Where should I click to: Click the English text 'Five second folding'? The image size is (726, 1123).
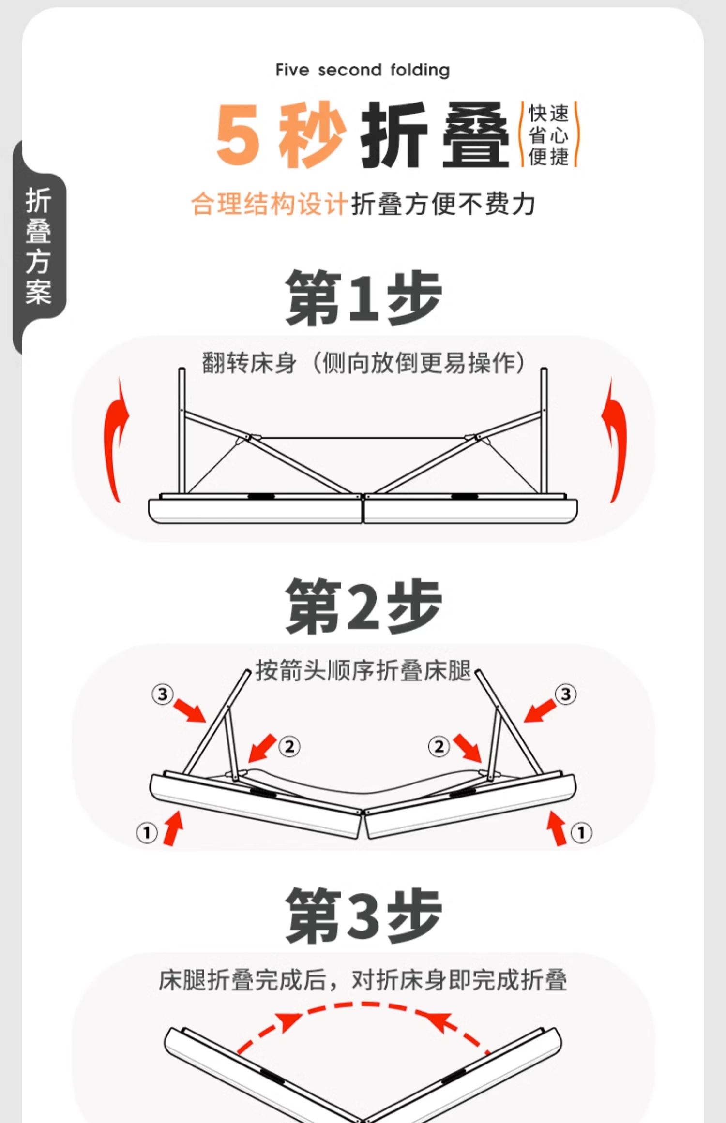(363, 70)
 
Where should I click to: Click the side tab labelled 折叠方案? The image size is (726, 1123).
(39, 246)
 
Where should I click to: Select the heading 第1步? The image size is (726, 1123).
(363, 298)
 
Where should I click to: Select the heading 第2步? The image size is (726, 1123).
(363, 606)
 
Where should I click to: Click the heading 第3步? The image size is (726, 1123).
(363, 916)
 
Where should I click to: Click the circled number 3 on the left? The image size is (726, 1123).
(162, 694)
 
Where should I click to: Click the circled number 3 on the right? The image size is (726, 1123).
(565, 694)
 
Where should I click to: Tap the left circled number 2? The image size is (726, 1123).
(289, 746)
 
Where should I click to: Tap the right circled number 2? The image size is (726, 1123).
(439, 746)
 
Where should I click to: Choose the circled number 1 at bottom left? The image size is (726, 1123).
(147, 833)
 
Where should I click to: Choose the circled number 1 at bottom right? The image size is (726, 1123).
(581, 832)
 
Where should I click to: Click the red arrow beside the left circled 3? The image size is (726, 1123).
(190, 710)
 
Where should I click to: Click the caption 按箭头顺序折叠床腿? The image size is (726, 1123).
(363, 671)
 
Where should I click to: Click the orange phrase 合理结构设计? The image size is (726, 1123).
(270, 204)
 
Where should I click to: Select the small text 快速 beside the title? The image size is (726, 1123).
(548, 114)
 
